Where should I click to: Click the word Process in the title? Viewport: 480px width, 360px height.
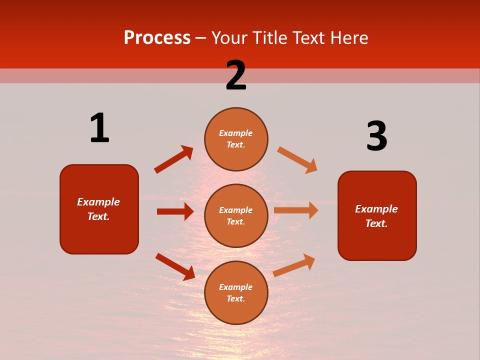(x=157, y=38)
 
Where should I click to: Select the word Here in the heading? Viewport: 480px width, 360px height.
(x=348, y=38)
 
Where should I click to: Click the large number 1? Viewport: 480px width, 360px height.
(x=99, y=128)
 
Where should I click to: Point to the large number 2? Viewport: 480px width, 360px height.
(x=236, y=75)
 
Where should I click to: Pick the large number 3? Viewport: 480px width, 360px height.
(x=376, y=136)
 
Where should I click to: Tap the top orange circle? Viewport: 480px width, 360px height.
(x=236, y=138)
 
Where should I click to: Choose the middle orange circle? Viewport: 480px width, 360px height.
(x=236, y=215)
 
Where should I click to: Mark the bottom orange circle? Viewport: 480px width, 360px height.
(x=236, y=292)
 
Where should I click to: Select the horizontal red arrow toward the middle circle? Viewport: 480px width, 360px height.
(x=175, y=211)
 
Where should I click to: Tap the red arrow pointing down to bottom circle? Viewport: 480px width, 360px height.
(x=175, y=266)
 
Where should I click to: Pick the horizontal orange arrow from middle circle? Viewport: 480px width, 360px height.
(x=296, y=210)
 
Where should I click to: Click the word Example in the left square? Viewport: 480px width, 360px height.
(x=98, y=202)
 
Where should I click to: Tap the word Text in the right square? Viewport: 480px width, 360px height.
(x=376, y=223)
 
